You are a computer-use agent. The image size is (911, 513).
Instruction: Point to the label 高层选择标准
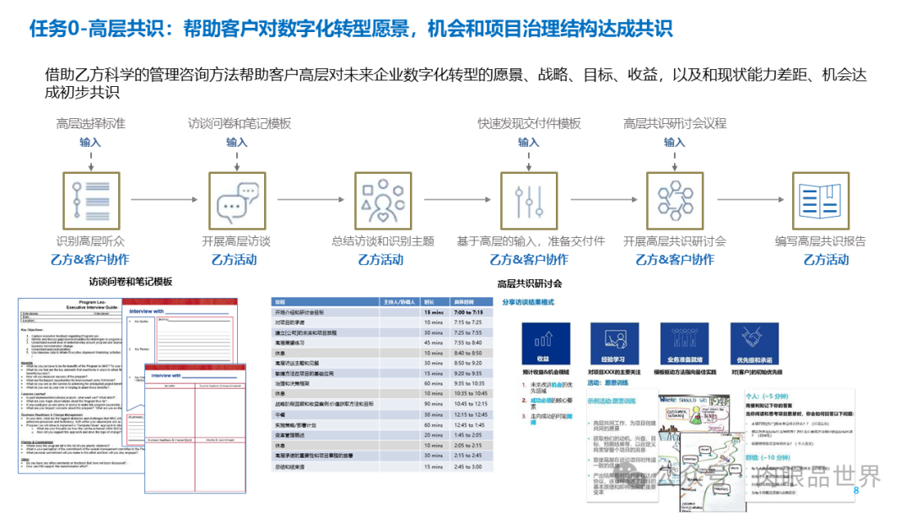coord(90,123)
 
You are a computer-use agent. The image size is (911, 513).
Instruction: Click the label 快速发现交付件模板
coord(529,123)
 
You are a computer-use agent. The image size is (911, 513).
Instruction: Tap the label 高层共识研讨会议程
coord(675,123)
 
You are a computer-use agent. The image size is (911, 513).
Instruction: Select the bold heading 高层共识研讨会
coord(529,283)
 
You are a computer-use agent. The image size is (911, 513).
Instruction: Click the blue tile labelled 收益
coord(542,341)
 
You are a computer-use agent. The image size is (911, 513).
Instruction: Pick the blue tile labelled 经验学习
coord(613,341)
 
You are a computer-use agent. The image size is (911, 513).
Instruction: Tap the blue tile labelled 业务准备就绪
coord(684,341)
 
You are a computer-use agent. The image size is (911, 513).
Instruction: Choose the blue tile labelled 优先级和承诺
coord(755,341)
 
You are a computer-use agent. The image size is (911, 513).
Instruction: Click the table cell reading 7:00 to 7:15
coord(468,312)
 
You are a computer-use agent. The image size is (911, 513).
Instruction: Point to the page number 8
coord(855,490)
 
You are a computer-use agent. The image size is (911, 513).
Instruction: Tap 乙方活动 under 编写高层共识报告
coord(820,260)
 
